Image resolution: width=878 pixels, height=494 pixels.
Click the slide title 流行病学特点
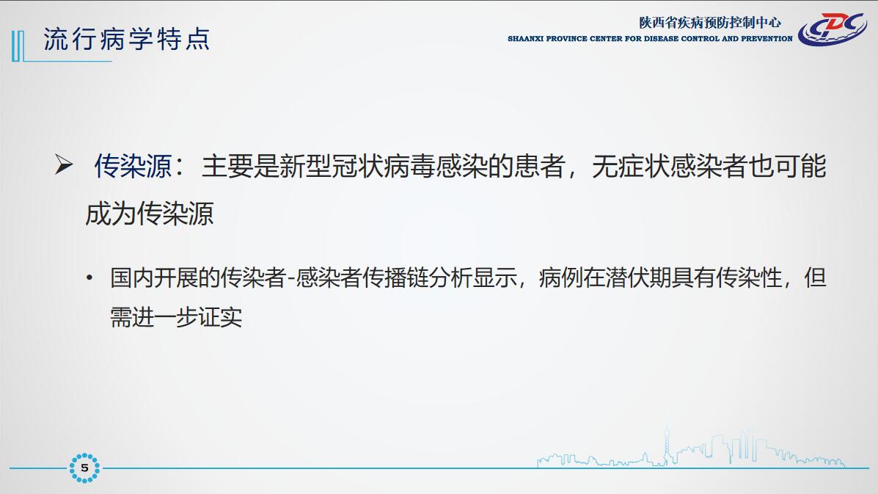point(127,39)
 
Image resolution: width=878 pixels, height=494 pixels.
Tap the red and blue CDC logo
point(832,29)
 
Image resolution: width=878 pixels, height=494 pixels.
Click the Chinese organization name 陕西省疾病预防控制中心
point(709,23)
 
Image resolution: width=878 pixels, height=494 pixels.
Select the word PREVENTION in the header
point(767,39)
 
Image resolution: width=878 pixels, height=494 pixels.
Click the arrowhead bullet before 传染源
point(64,164)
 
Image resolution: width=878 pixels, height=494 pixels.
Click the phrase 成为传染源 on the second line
point(150,214)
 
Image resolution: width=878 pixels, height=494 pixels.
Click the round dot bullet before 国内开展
point(89,277)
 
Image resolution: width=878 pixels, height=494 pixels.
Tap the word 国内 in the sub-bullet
point(131,277)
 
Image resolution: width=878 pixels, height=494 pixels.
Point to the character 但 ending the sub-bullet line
point(816,277)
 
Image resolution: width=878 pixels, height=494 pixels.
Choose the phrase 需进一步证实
point(176,318)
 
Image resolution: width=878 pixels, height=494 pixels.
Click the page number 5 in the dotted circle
point(84,468)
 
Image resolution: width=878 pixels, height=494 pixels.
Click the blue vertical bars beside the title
point(18,46)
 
